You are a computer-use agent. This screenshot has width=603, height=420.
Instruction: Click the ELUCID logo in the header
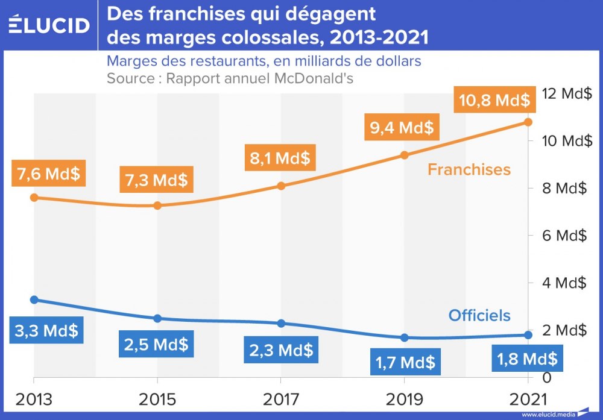coord(49,25)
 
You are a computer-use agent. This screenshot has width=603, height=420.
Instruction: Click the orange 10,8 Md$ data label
coord(494,99)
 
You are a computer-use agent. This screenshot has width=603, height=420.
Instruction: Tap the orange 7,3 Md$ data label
coord(157,179)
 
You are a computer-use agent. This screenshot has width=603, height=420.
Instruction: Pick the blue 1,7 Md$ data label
coord(403,362)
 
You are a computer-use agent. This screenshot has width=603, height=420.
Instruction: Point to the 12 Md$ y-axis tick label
coord(567,93)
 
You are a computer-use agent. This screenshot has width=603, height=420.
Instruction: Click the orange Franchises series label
coord(469,169)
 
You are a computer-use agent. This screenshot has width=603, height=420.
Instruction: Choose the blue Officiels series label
coord(479,315)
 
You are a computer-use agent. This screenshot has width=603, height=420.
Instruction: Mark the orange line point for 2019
coord(405,155)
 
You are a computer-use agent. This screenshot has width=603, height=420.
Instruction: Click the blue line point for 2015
coord(157,318)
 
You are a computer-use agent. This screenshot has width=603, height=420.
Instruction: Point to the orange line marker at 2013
coord(34,197)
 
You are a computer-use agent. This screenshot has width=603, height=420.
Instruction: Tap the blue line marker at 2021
coord(528,335)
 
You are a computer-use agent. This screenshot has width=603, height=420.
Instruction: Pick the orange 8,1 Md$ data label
coord(280,158)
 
